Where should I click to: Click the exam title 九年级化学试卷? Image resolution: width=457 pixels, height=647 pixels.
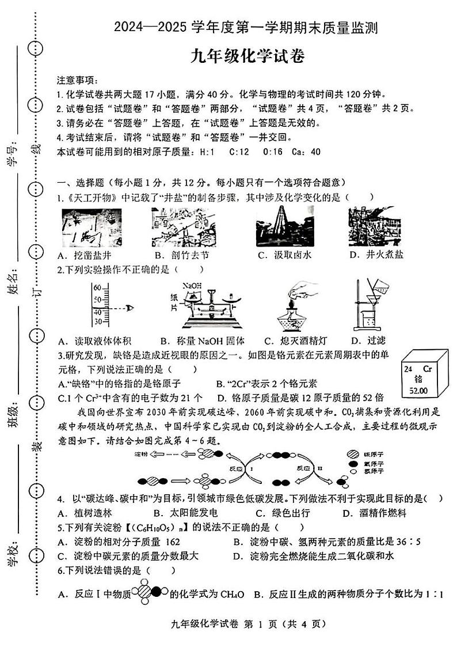tap(247, 56)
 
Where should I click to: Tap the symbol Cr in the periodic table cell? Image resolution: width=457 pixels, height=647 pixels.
tap(426, 368)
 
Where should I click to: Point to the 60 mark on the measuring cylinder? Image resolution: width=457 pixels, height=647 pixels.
tap(97, 287)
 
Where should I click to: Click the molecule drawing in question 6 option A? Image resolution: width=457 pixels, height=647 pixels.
tap(149, 593)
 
